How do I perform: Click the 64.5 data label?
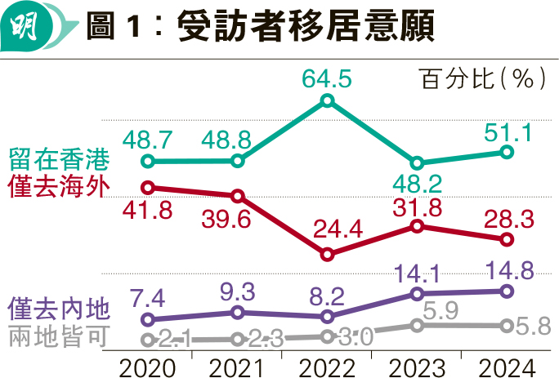327,79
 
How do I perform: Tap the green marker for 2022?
327,100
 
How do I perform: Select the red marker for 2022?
327,255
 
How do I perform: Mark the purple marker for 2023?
417,294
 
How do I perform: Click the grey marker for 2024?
507,326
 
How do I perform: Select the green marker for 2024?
507,152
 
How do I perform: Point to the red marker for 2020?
148,187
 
